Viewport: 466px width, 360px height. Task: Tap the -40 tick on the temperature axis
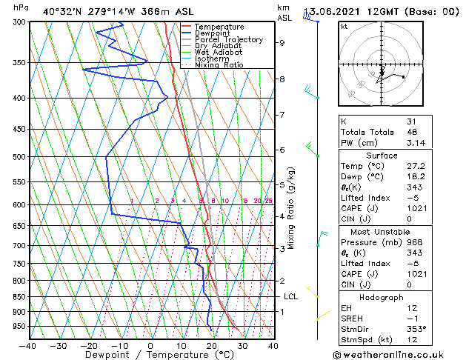pos(28,345)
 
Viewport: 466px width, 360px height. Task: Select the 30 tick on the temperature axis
pos(242,345)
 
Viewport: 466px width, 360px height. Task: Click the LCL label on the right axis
pos(291,296)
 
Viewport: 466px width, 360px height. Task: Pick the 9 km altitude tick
pos(282,42)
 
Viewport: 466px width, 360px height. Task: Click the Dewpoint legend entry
pos(213,33)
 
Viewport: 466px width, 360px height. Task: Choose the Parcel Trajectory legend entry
pos(228,40)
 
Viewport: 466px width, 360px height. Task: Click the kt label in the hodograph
pos(344,26)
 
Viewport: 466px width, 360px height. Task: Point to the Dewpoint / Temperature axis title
pos(150,356)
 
